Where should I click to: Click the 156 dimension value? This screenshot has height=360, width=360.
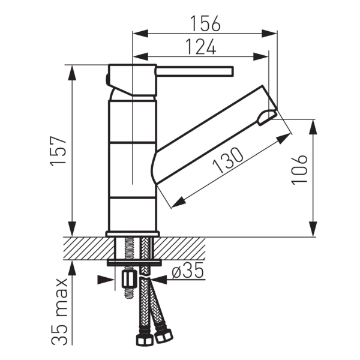pyautogui.click(x=205, y=23)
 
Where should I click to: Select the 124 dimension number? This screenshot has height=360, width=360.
pyautogui.click(x=200, y=47)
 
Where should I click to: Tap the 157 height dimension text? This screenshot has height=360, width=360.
pyautogui.click(x=58, y=151)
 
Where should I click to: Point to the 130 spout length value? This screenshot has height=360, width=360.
pyautogui.click(x=227, y=160)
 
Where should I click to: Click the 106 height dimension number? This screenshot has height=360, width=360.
pyautogui.click(x=299, y=170)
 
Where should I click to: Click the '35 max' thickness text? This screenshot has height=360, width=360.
pyautogui.click(x=59, y=311)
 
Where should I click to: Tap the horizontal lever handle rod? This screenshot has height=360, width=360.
pyautogui.click(x=195, y=71)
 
